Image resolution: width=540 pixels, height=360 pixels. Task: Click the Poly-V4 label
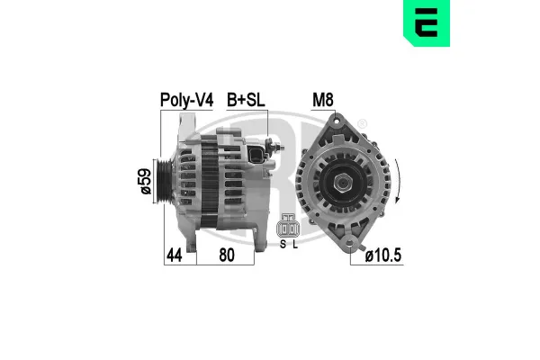coord(186,100)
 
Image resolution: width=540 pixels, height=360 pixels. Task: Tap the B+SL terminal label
coord(247,100)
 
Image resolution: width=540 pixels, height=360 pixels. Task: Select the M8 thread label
coord(322,100)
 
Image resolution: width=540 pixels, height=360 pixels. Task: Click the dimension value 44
coord(175,256)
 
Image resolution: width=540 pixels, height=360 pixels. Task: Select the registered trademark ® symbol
coord(362,123)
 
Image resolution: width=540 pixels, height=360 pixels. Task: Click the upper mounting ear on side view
coord(192,126)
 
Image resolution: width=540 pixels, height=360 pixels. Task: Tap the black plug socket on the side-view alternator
coord(258,155)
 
